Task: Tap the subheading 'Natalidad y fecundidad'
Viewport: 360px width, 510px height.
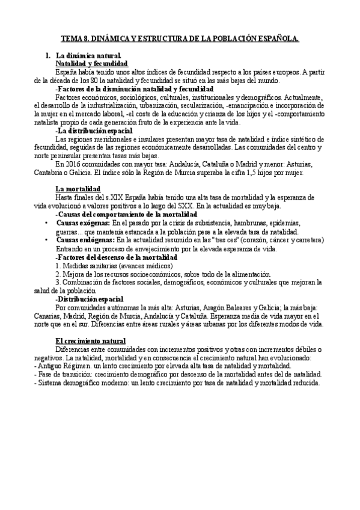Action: pos(91,63)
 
